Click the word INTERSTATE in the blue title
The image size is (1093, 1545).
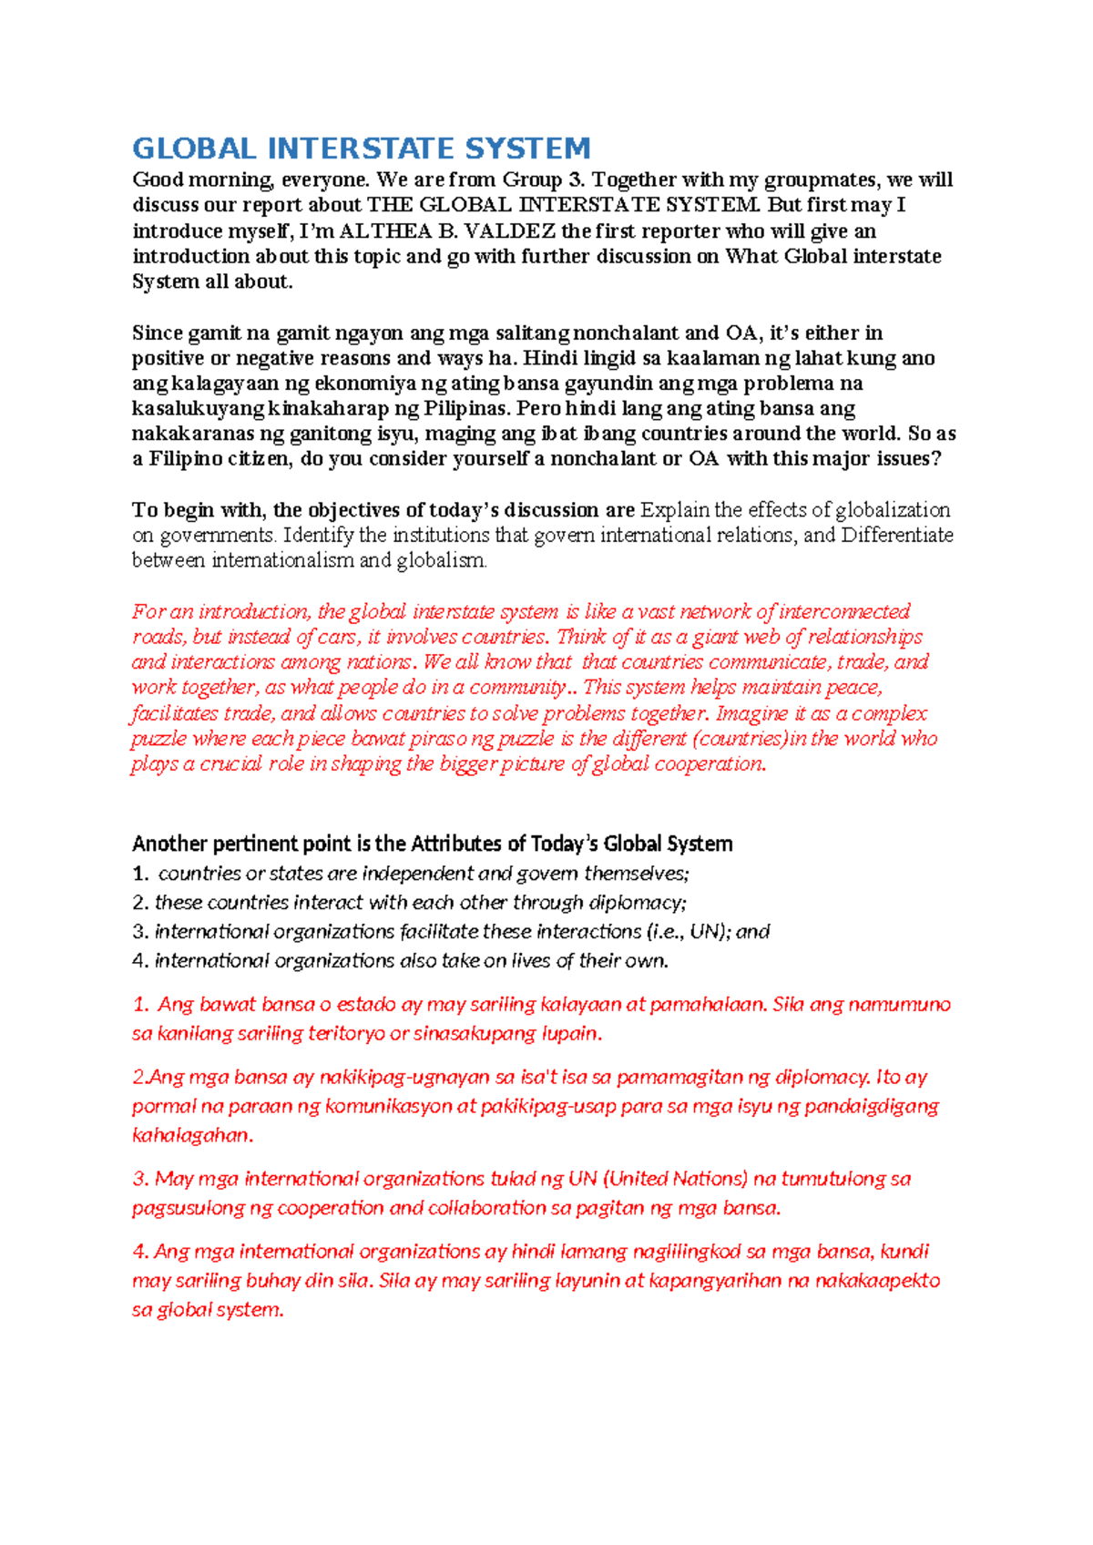361,148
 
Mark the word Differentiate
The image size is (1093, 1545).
896,536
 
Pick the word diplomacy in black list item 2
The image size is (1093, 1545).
637,903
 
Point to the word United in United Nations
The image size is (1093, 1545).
637,1179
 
